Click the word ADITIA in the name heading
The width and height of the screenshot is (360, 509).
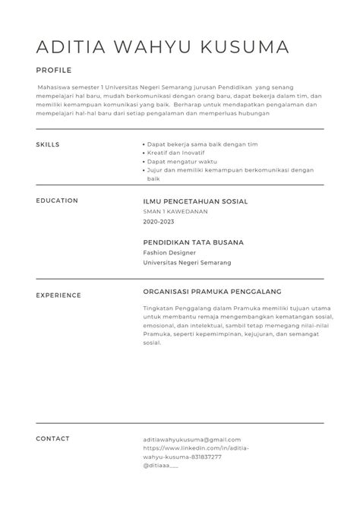tap(69, 47)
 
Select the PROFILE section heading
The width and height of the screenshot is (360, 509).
tap(53, 70)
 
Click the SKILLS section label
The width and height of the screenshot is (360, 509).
tap(47, 144)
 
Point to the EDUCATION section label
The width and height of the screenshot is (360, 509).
tap(56, 201)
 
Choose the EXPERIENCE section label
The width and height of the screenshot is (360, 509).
tap(58, 295)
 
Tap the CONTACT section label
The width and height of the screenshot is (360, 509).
tap(52, 438)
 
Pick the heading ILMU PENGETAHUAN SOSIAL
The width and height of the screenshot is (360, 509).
tap(195, 201)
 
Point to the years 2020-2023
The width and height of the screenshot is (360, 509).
tap(158, 222)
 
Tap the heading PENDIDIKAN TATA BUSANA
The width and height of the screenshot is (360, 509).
tap(193, 242)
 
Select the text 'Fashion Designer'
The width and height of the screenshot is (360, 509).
tap(169, 252)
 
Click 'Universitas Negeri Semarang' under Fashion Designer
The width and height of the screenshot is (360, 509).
tap(187, 262)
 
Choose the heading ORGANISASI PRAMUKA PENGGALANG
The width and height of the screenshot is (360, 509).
tap(212, 291)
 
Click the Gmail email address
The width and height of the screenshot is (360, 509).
tap(191, 439)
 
